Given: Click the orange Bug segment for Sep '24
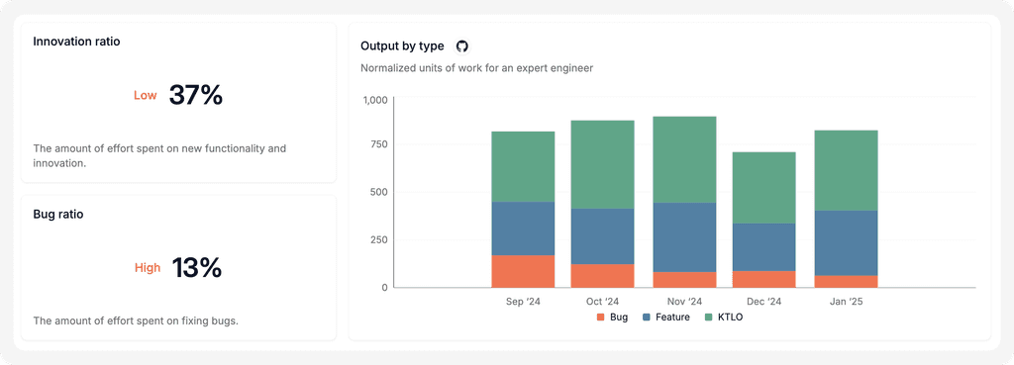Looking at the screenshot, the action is coord(523,271).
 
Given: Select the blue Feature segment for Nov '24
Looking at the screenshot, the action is coord(684,237).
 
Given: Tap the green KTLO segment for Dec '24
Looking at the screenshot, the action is coord(763,188).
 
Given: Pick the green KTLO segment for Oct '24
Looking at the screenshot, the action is coord(603,165).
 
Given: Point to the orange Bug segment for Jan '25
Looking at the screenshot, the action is coord(846,282).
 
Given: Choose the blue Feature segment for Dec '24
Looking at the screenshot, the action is coord(763,247).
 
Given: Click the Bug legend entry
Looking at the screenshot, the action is coord(612,318).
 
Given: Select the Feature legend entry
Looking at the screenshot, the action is coord(666,318).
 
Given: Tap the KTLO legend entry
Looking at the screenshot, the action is coord(724,318).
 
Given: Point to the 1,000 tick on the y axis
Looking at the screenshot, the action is coord(375,100).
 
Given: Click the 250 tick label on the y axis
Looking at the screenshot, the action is coord(378,239).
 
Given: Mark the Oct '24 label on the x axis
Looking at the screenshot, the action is coord(603,302).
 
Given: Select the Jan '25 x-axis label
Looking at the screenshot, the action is coord(846,302).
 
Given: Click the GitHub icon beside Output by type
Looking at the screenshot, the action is coord(461,46).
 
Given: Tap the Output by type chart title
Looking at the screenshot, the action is coord(402,46).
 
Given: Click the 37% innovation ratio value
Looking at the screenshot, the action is coord(196,95).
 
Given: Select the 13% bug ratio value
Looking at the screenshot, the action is coord(197,267).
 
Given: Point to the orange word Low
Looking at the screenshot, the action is coord(145,96).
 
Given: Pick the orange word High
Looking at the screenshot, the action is coord(148,267).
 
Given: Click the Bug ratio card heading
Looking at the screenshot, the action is coord(58,215).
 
